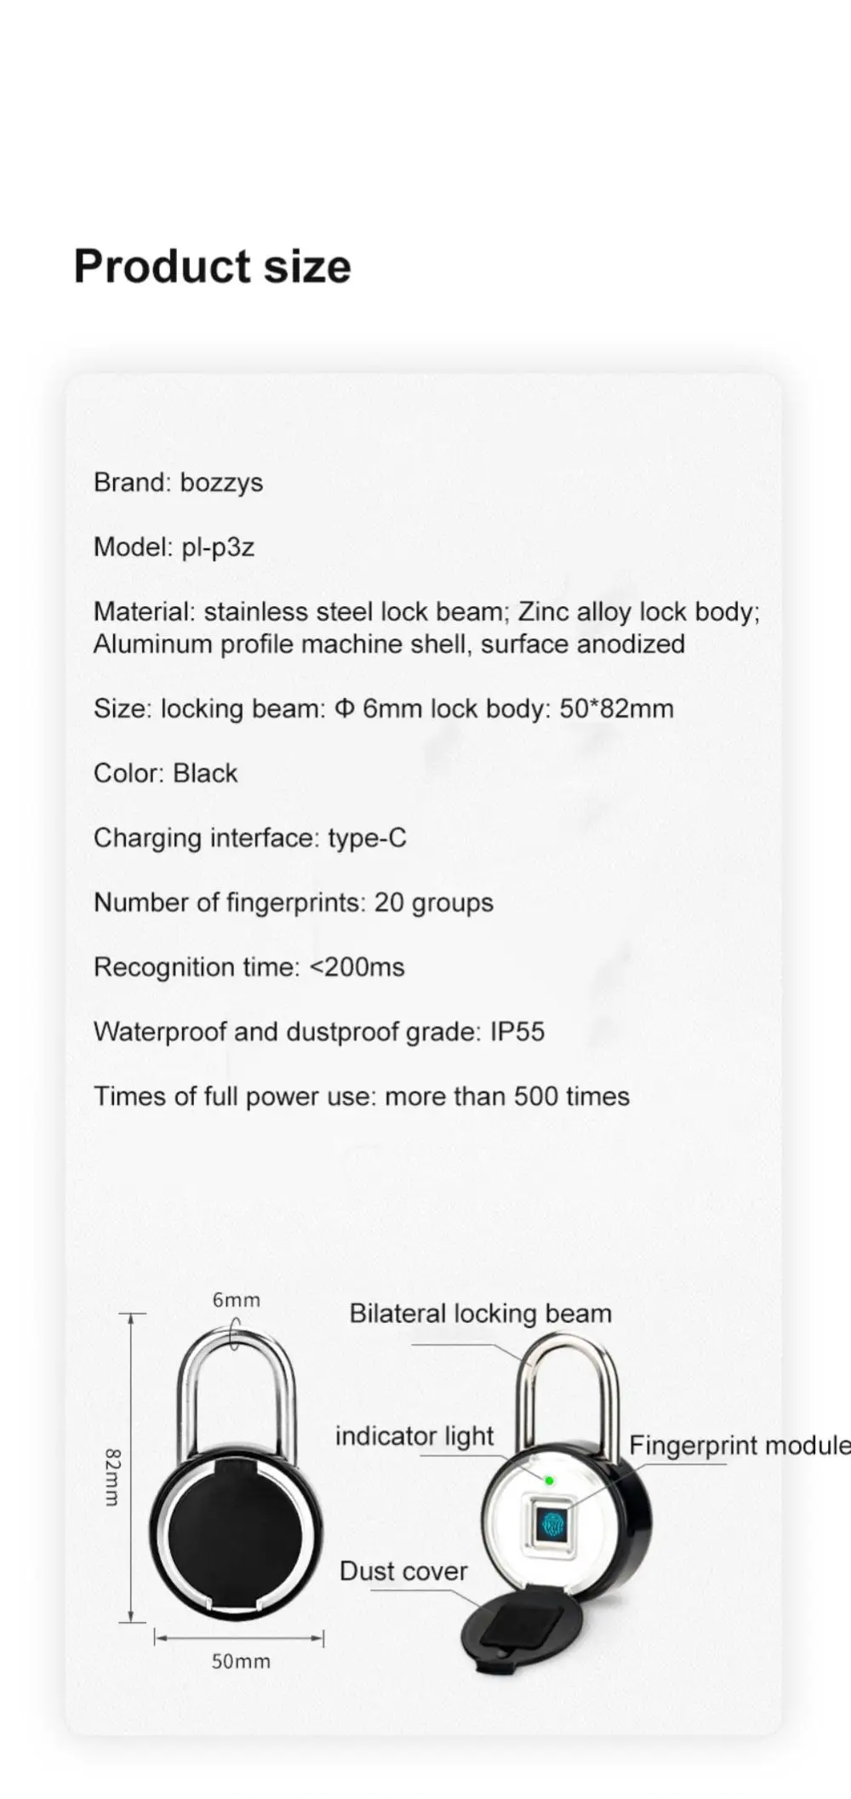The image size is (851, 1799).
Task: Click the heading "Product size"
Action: click(x=212, y=266)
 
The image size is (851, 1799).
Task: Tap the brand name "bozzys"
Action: click(x=221, y=483)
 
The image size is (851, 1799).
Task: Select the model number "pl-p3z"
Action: click(x=218, y=547)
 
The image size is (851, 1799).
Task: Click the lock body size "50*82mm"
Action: click(x=616, y=708)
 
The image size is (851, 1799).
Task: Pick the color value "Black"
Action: click(x=205, y=773)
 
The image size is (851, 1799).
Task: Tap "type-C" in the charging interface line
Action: click(x=367, y=838)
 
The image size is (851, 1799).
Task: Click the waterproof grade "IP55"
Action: click(x=517, y=1032)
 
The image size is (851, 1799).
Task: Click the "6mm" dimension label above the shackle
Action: click(x=236, y=1300)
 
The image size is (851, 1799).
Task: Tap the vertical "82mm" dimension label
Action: click(x=112, y=1477)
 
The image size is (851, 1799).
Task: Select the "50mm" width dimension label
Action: click(x=241, y=1661)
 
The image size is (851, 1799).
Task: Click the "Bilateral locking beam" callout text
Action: click(x=480, y=1314)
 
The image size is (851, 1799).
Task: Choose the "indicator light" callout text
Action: click(x=414, y=1436)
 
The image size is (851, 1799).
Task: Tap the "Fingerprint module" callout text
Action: click(x=739, y=1445)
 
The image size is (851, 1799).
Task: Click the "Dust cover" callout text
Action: click(x=403, y=1571)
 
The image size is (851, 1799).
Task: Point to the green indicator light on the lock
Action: click(x=550, y=1481)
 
